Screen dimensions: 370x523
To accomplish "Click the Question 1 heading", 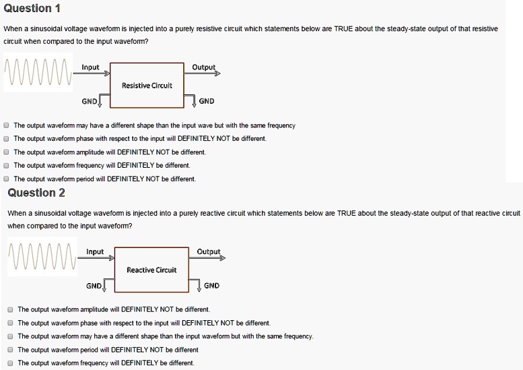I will pos(32,9).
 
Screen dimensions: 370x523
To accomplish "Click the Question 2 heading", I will pos(36,193).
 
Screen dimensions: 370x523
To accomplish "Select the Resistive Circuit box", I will pos(147,85).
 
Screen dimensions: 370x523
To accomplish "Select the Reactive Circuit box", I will pos(151,270).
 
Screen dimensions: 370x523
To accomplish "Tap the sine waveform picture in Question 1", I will pos(38,73).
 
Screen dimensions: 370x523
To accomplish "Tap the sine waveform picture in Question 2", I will pos(42,257).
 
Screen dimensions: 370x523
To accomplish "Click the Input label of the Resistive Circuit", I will pos(90,67).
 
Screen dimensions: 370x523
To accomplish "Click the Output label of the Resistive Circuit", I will pos(203,67).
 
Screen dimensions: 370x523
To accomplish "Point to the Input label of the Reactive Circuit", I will pos(95,252).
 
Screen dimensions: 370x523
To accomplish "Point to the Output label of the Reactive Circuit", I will pos(208,252).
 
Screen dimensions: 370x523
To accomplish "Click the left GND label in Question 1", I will pos(89,101).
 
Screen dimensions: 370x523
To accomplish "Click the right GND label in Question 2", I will pos(211,286).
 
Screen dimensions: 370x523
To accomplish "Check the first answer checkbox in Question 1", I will pos(6,125).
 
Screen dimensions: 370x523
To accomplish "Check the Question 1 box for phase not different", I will pos(6,139).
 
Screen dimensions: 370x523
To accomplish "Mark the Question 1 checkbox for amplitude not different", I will pos(6,152).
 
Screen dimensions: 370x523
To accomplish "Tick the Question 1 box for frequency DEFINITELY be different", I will pos(6,165).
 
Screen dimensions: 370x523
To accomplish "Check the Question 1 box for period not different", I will pos(6,179).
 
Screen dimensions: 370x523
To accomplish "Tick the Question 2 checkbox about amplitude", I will pos(10,309).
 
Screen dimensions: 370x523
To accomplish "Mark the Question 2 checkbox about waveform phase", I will pos(10,323).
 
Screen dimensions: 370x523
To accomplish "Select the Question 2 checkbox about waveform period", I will pos(10,350).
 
